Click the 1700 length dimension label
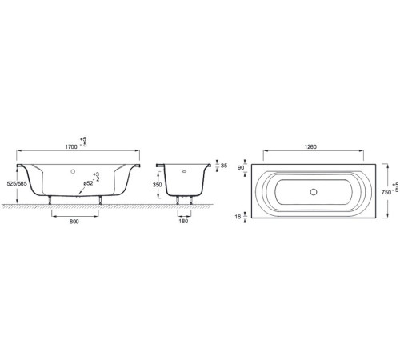[71, 146]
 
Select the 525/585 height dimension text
[17, 183]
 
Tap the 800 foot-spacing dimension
[74, 222]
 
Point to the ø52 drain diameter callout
[88, 183]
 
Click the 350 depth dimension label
[157, 185]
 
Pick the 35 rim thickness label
[224, 166]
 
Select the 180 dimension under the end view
[184, 221]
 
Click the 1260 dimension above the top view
[310, 146]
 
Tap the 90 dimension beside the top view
[241, 168]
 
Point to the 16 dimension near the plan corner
[238, 217]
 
